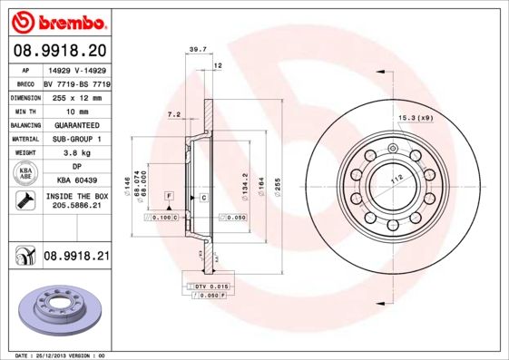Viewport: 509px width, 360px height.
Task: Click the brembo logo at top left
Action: click(59, 21)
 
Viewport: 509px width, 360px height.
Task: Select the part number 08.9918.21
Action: click(76, 258)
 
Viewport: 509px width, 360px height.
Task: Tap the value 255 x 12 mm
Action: click(75, 96)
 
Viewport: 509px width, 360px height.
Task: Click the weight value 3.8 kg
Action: click(75, 153)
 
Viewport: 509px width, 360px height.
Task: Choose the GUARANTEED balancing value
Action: click(75, 124)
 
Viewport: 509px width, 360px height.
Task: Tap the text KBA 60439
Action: click(75, 181)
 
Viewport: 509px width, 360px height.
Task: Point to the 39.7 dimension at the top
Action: click(191, 51)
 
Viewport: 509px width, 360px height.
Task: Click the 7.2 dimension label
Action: click(175, 115)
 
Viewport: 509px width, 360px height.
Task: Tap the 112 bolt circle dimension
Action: click(396, 180)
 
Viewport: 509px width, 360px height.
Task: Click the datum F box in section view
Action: click(169, 196)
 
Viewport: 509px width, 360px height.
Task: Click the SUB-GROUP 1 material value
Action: click(75, 139)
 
